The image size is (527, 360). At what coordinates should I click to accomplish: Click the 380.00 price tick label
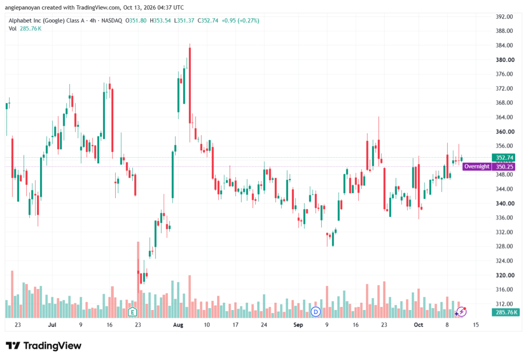point(505,60)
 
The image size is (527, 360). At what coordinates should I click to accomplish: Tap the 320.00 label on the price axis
point(505,275)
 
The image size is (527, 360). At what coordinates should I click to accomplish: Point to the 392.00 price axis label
point(504,17)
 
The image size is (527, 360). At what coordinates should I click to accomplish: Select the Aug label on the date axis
point(178,324)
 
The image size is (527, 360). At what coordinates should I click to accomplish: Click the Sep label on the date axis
point(298,324)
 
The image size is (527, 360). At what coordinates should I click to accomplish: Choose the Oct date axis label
point(418,324)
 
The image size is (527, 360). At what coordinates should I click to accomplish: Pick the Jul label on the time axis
point(52,324)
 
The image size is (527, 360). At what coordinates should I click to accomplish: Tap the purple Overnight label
point(477,166)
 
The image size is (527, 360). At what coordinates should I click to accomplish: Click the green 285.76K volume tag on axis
point(506,312)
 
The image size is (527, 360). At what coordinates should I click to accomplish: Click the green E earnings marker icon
point(132,312)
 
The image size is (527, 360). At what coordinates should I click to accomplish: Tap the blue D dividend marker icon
point(315,312)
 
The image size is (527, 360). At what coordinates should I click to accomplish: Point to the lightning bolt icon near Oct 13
point(462,312)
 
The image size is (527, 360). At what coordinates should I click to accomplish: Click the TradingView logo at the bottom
point(44,346)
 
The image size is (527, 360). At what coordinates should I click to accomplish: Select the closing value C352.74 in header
point(208,21)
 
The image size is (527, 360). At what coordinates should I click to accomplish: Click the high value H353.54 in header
point(160,21)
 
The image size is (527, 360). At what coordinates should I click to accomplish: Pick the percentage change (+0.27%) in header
point(249,21)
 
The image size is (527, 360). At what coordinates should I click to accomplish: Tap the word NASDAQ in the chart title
point(112,21)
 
